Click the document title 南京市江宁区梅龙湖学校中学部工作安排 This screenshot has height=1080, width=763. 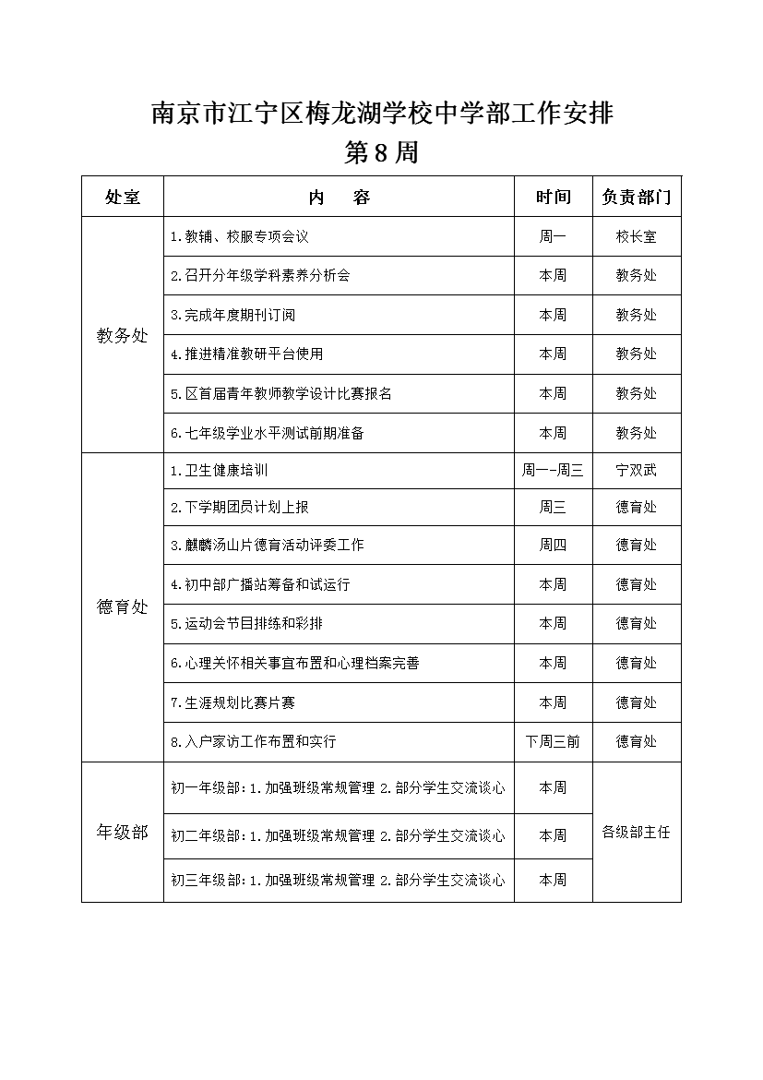pyautogui.click(x=382, y=114)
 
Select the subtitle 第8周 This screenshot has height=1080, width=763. pyautogui.click(x=382, y=153)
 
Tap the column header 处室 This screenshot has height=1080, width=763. pyautogui.click(x=123, y=197)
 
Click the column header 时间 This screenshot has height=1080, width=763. pyautogui.click(x=554, y=197)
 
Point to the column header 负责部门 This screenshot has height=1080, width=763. pyautogui.click(x=637, y=197)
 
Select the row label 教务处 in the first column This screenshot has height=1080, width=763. pyautogui.click(x=123, y=336)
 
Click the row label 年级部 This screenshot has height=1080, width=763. pyautogui.click(x=123, y=833)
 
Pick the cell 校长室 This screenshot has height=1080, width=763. pyautogui.click(x=637, y=236)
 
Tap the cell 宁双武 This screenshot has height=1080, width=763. pyautogui.click(x=637, y=470)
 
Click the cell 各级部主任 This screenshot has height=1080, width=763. pyautogui.click(x=637, y=833)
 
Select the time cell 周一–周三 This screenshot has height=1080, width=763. pyautogui.click(x=554, y=470)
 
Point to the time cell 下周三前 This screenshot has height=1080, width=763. pyautogui.click(x=554, y=741)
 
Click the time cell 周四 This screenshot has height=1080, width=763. pyautogui.click(x=554, y=545)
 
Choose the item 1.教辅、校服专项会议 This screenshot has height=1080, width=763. pyautogui.click(x=240, y=236)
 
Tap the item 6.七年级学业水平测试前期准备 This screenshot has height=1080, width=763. pyautogui.click(x=268, y=433)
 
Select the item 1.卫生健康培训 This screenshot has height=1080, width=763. pyautogui.click(x=220, y=470)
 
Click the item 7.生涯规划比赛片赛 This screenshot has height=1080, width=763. pyautogui.click(x=233, y=702)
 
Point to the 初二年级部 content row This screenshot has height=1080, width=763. pyautogui.click(x=339, y=835)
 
